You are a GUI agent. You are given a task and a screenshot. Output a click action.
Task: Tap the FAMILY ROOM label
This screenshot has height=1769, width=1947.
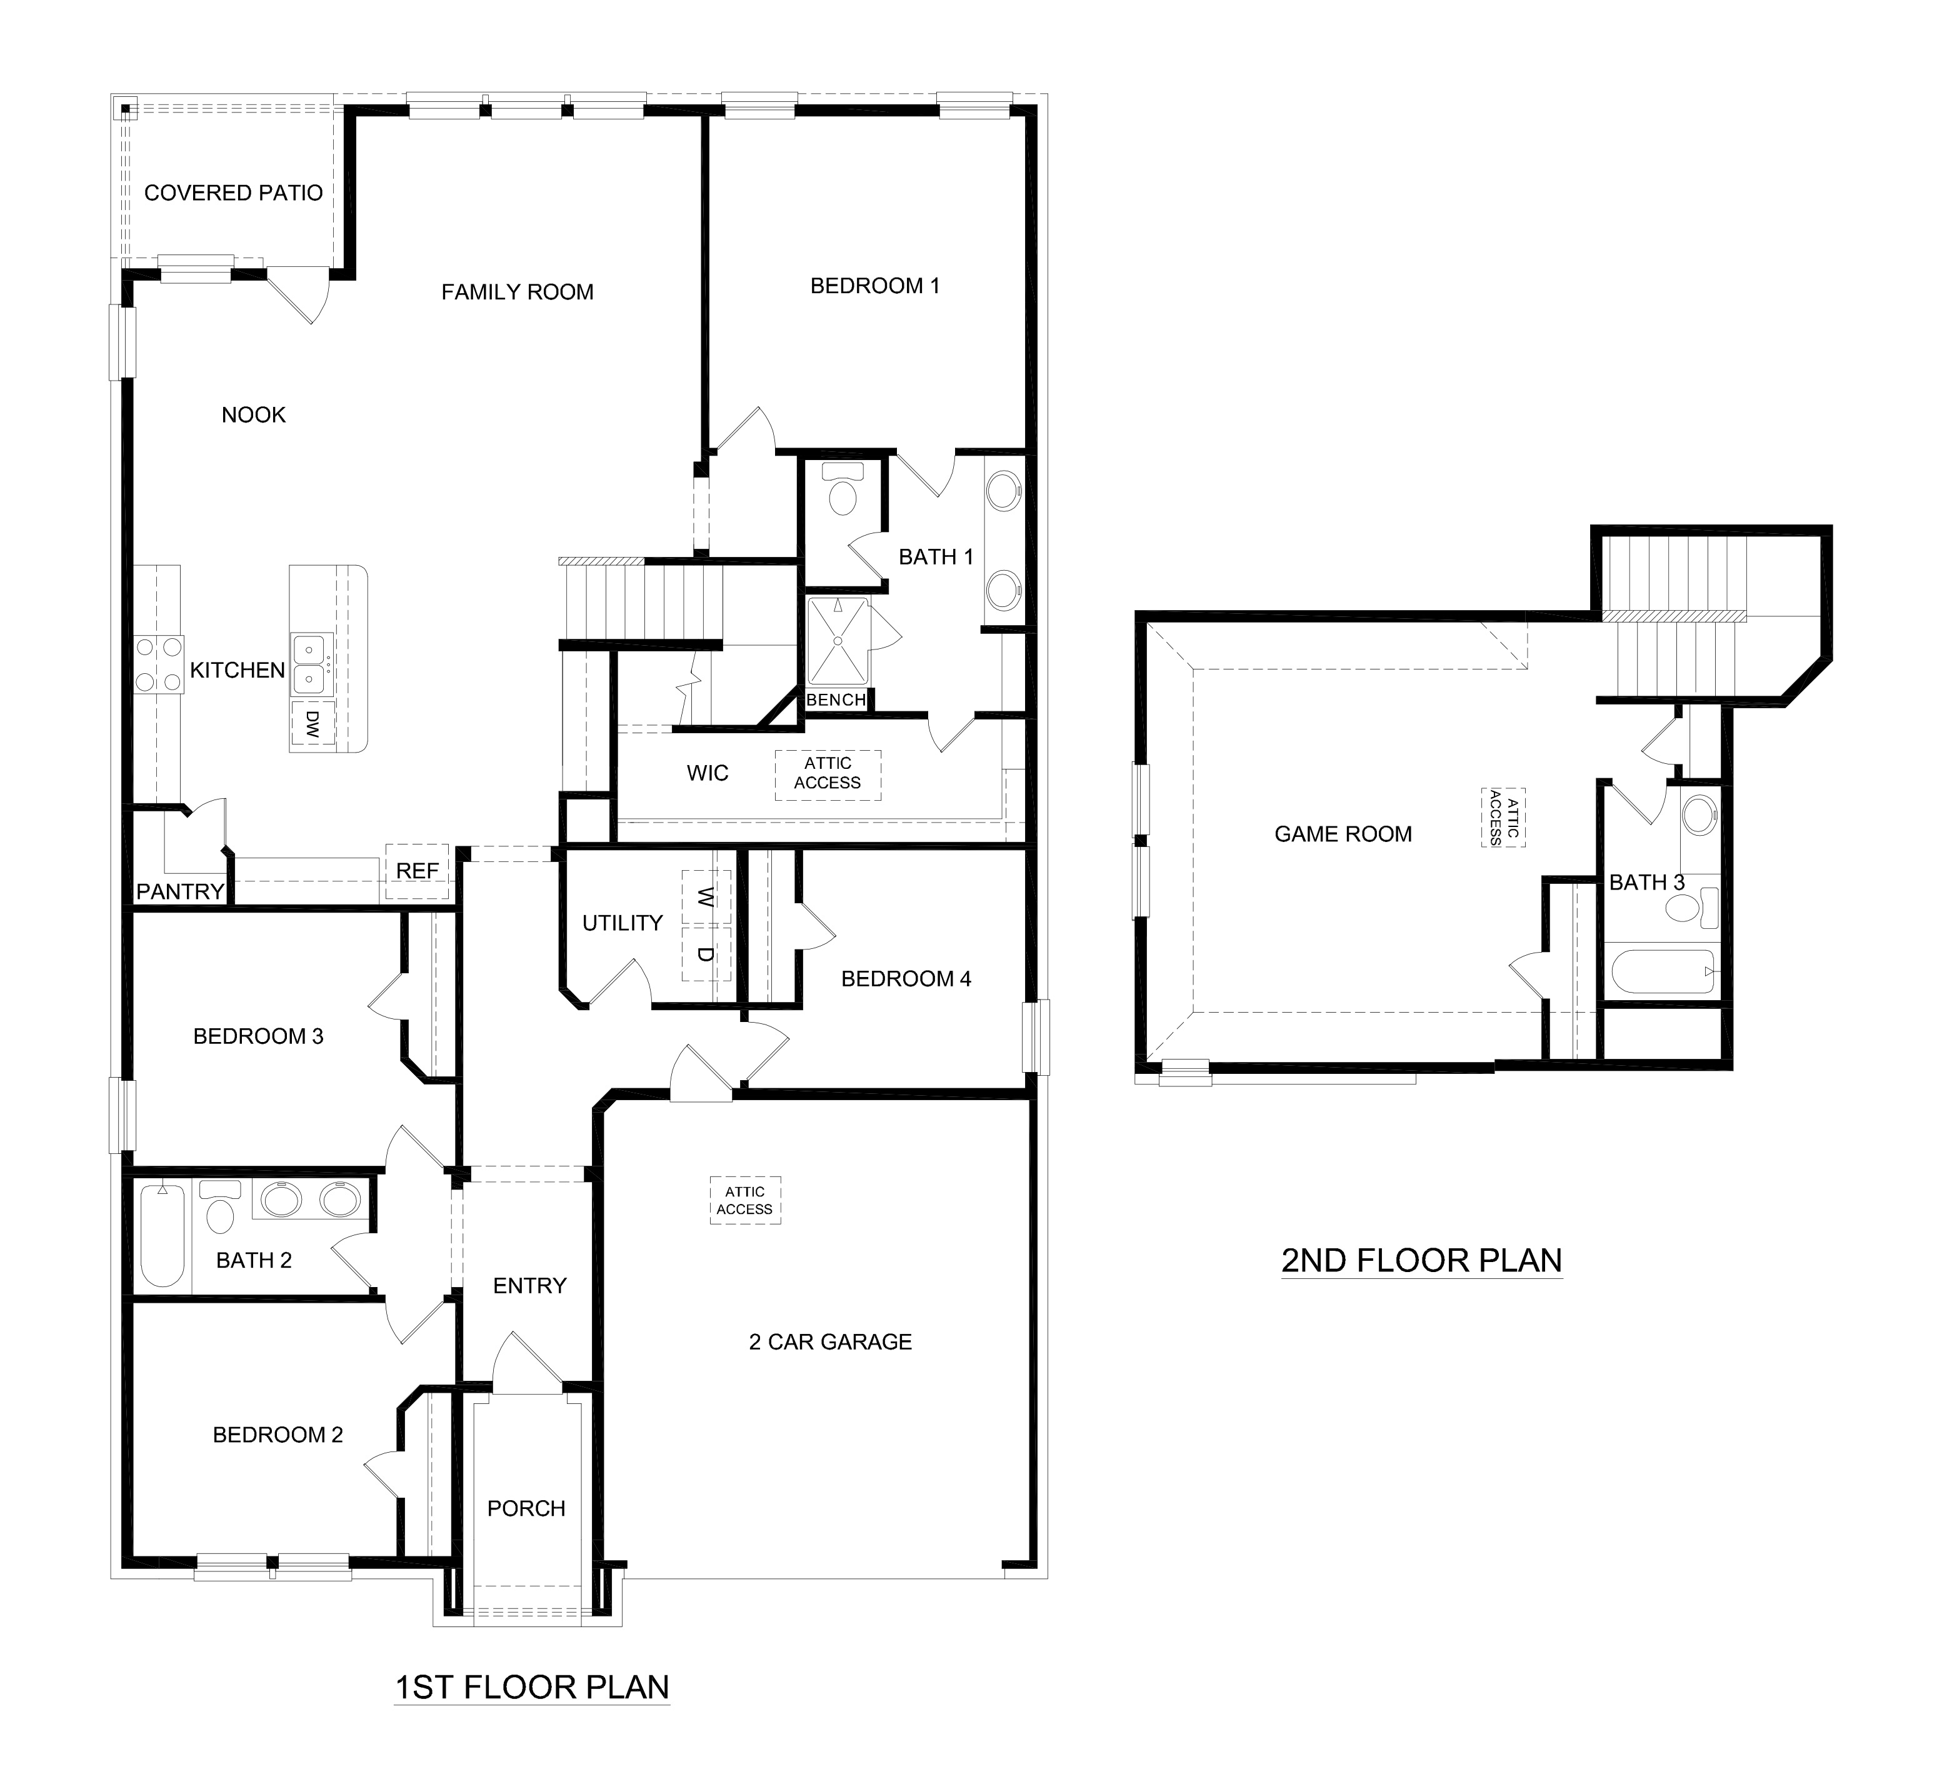tap(517, 292)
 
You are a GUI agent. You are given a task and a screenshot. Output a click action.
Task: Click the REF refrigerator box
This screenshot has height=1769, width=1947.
tap(418, 871)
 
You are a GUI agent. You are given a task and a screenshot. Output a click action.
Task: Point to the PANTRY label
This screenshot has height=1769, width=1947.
tap(179, 891)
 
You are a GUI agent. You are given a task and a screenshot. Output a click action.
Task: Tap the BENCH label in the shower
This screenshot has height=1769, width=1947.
tap(836, 700)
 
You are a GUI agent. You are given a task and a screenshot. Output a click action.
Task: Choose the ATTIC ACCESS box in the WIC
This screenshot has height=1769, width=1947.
tap(828, 773)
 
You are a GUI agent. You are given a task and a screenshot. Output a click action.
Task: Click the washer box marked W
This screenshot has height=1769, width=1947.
tap(706, 897)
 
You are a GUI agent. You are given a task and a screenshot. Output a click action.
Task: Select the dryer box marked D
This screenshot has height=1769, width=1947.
tap(706, 953)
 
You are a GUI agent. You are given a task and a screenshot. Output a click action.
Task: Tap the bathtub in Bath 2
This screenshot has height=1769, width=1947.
tap(163, 1235)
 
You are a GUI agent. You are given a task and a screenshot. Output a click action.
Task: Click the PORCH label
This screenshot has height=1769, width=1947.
tap(526, 1508)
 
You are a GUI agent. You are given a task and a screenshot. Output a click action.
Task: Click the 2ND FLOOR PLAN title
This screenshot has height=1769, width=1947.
tap(1421, 1260)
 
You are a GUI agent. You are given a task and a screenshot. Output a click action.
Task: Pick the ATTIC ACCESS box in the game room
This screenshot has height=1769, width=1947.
tap(1504, 817)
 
